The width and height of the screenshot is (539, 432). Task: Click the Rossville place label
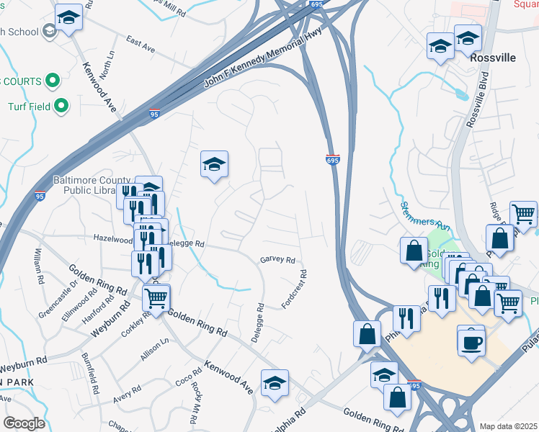(493, 58)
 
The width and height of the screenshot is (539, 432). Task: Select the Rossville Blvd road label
(478, 100)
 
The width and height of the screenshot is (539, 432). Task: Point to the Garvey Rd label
(277, 260)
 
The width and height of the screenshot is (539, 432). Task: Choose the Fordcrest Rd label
(295, 289)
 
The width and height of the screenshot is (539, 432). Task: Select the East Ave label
(141, 44)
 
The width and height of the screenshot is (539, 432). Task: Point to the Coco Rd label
(183, 378)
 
